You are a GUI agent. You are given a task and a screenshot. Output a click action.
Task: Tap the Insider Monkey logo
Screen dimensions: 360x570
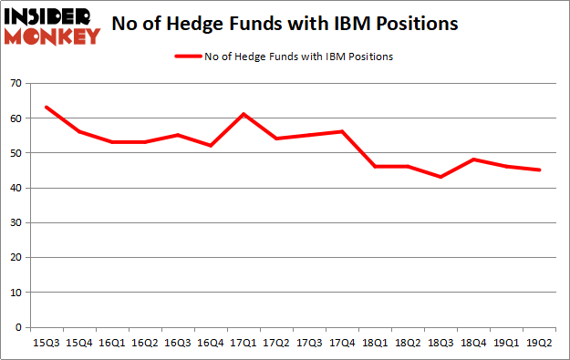(52, 26)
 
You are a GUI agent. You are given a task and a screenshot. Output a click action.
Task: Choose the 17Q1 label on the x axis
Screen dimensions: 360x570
(244, 342)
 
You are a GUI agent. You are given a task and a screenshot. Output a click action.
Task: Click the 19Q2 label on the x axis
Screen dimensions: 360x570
(539, 342)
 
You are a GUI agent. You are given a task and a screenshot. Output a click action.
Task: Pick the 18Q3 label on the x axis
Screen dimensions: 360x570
(440, 342)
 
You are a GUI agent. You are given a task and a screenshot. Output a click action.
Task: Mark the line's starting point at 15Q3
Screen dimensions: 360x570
(46, 108)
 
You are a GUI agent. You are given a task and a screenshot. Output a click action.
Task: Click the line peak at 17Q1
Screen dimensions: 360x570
(244, 114)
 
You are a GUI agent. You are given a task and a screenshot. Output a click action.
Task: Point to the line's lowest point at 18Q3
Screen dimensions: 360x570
(440, 177)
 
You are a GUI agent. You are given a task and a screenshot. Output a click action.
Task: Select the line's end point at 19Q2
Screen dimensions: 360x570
(539, 170)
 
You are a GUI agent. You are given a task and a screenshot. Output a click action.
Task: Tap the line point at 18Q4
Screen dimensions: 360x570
(473, 159)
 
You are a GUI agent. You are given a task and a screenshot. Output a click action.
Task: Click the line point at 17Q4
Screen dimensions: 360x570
(342, 131)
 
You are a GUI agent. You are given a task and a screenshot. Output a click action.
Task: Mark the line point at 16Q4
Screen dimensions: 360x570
(211, 146)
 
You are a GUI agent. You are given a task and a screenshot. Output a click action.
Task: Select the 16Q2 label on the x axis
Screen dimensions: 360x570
(144, 342)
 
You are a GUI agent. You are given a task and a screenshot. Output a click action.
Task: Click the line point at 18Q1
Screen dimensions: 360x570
(375, 167)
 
